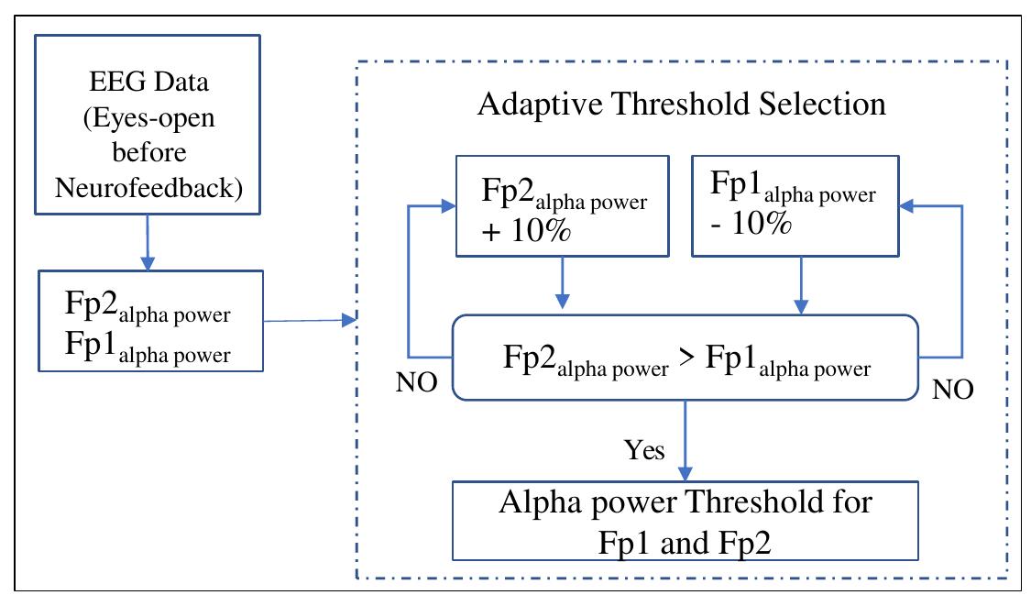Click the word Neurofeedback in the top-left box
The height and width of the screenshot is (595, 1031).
pyautogui.click(x=149, y=188)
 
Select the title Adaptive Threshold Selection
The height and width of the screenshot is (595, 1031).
pyautogui.click(x=682, y=104)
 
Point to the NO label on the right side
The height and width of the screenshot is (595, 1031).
pyautogui.click(x=952, y=390)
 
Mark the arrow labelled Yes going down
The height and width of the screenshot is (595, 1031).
pyautogui.click(x=683, y=440)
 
